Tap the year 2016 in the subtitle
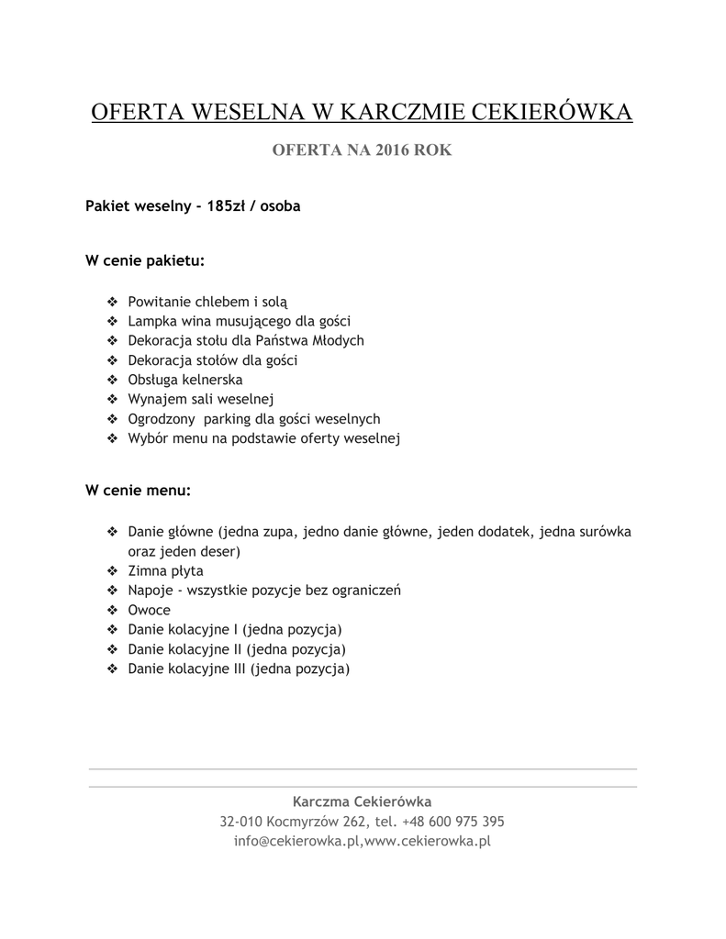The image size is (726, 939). (392, 150)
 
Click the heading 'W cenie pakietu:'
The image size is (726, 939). (145, 260)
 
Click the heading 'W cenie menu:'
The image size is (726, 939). (139, 491)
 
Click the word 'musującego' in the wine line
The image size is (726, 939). (259, 321)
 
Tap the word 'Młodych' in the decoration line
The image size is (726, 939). (335, 340)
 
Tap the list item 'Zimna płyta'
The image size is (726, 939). (166, 570)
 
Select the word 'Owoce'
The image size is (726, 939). (150, 610)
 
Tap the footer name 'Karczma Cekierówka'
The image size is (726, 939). (362, 801)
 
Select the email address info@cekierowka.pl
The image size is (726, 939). (297, 841)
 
